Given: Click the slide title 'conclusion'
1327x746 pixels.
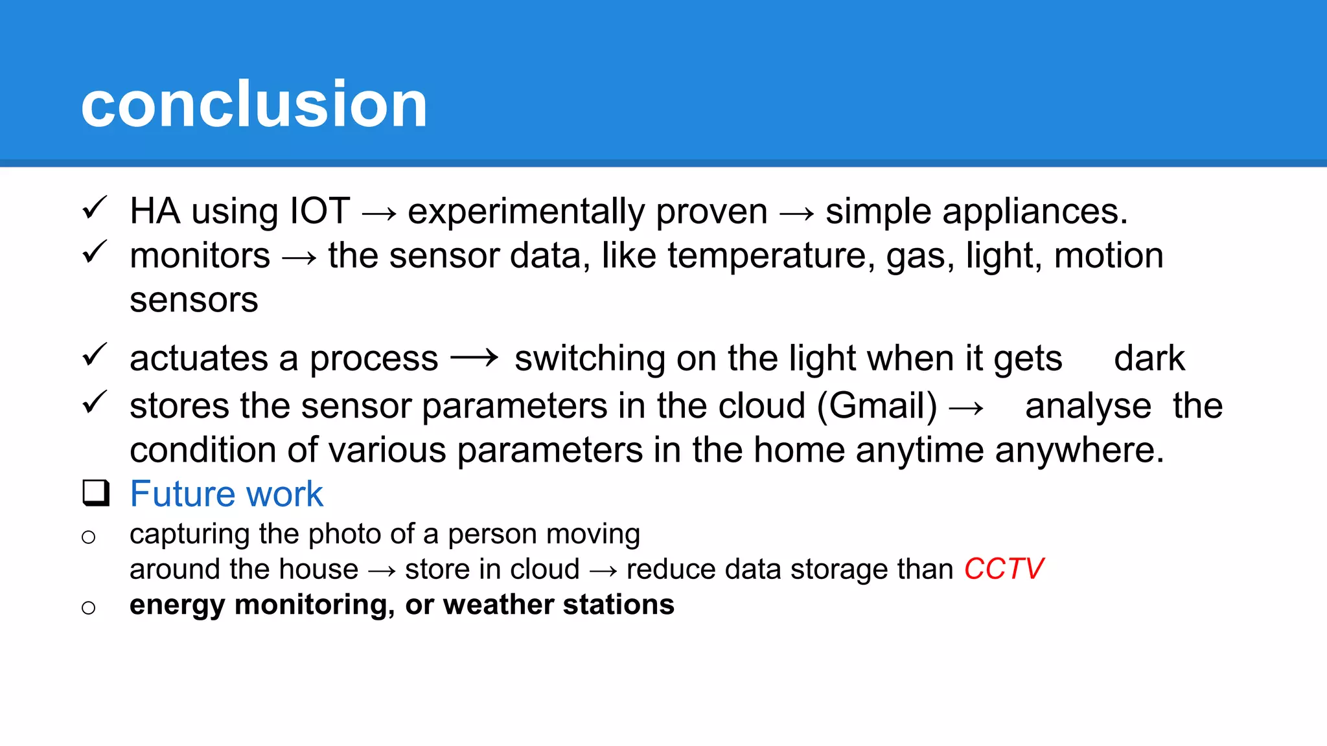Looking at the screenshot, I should click(254, 104).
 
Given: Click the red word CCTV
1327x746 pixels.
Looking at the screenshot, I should click(1004, 569).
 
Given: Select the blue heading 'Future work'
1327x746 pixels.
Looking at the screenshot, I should click(226, 494).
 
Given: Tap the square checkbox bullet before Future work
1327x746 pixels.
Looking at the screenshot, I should click(96, 493).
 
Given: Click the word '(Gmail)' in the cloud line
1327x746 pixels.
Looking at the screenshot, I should click(877, 406).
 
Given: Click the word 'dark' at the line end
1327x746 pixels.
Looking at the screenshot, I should click(1149, 358).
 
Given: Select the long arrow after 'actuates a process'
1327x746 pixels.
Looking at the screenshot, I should click(474, 357).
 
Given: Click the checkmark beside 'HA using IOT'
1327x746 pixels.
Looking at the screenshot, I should click(95, 209).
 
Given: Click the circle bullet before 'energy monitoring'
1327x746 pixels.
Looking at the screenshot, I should click(89, 607).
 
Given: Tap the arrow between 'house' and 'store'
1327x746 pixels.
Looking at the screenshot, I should click(382, 571).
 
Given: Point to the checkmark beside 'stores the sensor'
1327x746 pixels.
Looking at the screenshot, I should click(95, 403).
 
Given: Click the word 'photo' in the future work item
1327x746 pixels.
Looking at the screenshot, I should click(344, 535).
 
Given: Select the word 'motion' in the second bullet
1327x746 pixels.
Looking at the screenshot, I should click(1109, 255).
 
